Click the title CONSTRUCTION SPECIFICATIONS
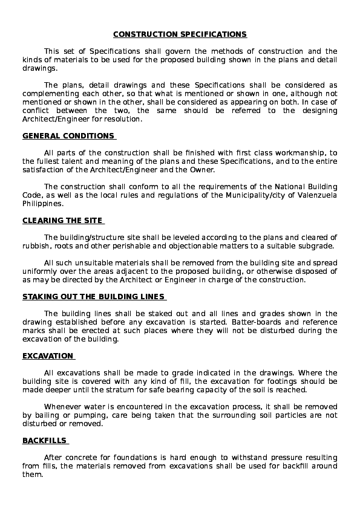point(180,34)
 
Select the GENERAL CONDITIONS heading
point(68,136)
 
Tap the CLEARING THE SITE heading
point(62,221)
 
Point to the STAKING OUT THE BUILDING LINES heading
point(94,297)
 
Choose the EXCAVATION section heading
point(48,356)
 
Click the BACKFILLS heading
point(45,441)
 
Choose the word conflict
point(36,111)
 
